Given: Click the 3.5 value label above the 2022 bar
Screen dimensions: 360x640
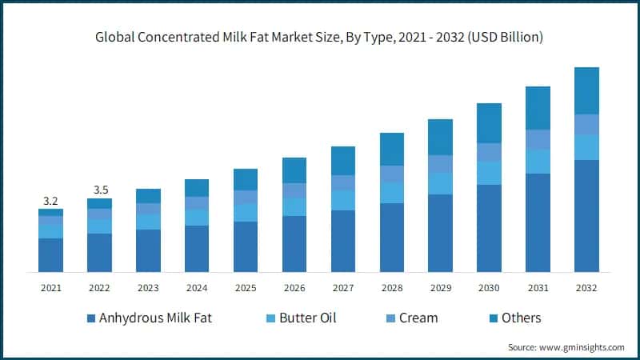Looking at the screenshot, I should click(x=99, y=190).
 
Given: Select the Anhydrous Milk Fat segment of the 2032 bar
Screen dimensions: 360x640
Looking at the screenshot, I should click(x=586, y=216).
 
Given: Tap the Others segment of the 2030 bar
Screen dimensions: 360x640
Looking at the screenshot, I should click(x=489, y=123).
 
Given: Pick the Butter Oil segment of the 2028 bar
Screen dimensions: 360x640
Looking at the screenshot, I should click(x=391, y=193).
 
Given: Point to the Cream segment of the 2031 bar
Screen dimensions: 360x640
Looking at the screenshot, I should click(x=538, y=139).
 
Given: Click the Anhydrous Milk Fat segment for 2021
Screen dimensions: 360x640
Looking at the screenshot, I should click(x=50, y=255).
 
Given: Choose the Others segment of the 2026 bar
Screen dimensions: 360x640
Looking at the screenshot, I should click(x=294, y=170).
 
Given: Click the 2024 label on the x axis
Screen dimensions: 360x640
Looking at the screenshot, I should click(x=196, y=287).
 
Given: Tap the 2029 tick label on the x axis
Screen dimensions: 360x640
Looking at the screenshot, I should click(x=440, y=287).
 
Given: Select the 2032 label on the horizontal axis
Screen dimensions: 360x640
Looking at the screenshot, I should click(x=586, y=287).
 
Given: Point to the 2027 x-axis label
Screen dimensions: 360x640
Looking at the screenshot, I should click(x=342, y=287).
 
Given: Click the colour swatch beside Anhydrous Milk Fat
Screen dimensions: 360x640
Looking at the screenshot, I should click(x=91, y=318).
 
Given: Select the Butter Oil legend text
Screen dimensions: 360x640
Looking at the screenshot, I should click(x=307, y=318).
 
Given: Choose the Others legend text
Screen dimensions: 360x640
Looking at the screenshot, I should click(x=521, y=318).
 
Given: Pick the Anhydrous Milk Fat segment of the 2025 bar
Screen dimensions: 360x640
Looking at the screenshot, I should click(x=245, y=246).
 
